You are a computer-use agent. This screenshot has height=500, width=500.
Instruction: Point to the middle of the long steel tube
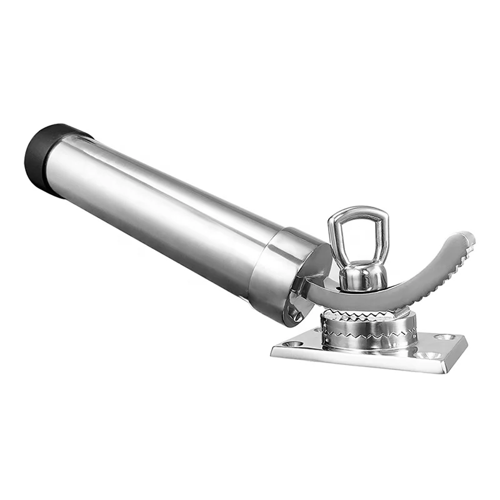pos(169,206)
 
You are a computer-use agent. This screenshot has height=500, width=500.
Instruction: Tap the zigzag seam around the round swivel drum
pos(369,332)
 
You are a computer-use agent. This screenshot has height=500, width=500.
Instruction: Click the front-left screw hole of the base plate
pos(294,344)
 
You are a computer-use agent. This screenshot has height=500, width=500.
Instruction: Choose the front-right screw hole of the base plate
pos(427,356)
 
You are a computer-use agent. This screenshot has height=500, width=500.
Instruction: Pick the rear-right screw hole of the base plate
pos(444,337)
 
